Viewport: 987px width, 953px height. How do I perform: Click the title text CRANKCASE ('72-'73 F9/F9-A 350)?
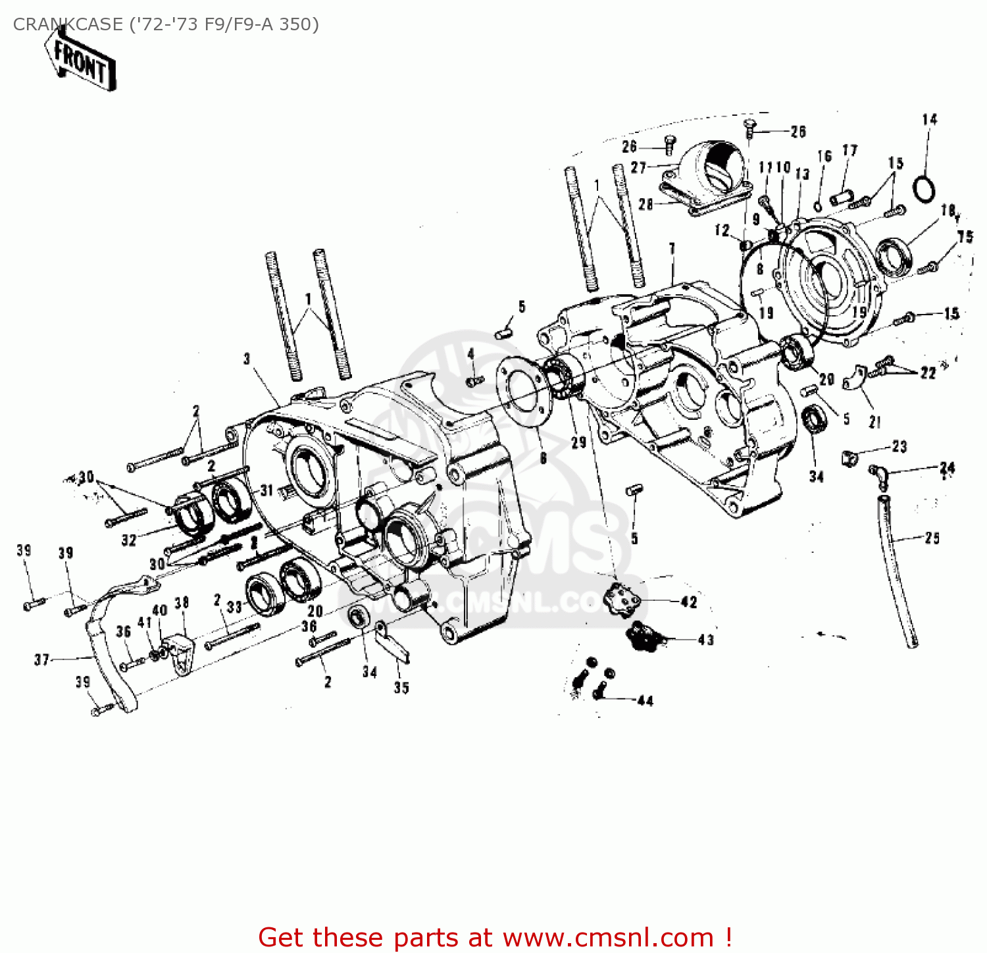click(166, 24)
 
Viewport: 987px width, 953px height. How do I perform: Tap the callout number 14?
click(929, 120)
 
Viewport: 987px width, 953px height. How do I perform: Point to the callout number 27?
click(638, 168)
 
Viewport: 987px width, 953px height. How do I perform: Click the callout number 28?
click(645, 204)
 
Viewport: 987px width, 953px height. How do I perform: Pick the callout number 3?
click(247, 359)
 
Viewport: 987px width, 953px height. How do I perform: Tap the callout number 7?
click(672, 248)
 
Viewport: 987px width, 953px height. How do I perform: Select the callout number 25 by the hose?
click(932, 538)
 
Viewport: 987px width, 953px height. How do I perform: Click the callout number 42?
click(688, 602)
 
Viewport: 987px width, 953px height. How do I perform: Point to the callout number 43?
click(705, 640)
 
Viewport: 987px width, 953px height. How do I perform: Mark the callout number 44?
click(645, 701)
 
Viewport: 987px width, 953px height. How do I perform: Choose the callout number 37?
click(41, 659)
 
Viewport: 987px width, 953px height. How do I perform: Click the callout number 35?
click(401, 688)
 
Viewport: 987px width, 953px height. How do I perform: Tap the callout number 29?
click(578, 442)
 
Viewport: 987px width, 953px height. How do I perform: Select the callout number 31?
click(266, 490)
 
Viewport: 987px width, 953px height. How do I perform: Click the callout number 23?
click(899, 446)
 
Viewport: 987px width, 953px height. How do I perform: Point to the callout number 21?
click(874, 422)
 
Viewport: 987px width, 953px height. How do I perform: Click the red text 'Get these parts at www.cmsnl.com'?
click(495, 937)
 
